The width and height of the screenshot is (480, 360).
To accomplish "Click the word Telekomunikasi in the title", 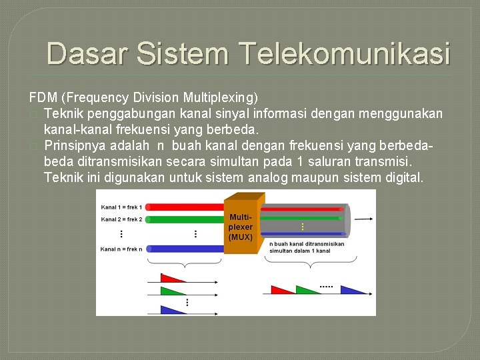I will tap(343, 53).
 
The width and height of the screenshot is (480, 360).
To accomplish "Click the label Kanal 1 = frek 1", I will tap(121, 207).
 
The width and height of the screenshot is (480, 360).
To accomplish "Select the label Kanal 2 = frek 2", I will tap(121, 219).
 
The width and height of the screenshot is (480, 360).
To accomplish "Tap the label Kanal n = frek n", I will tap(121, 249).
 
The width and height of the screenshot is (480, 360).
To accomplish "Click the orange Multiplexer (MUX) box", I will tap(241, 227).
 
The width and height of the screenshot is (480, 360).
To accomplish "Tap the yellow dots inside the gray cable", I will tap(303, 227).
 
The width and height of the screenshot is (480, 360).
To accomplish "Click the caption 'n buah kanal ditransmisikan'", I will tap(307, 244).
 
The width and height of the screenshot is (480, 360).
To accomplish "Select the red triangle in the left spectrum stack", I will tap(171, 278).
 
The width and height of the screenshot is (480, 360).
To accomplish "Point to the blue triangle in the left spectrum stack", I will tap(171, 310).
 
